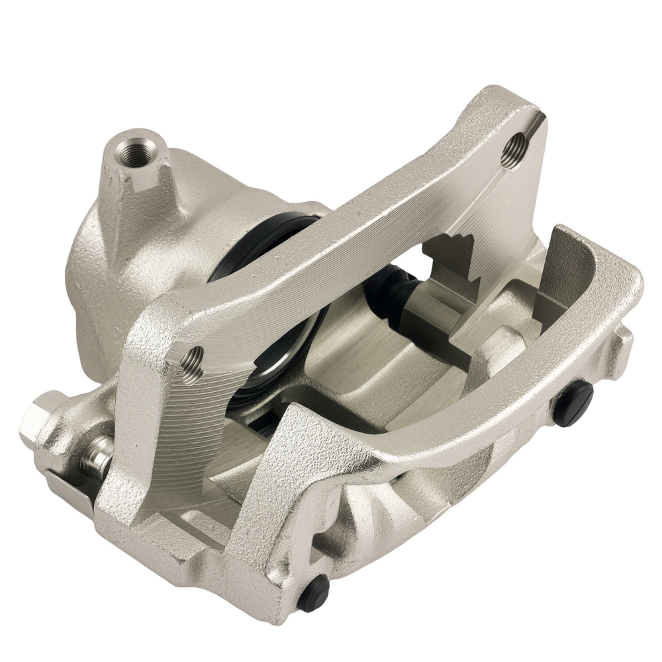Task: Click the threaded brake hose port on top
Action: (138, 150)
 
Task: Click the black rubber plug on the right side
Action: (573, 404)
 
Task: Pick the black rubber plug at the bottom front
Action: (314, 593)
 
